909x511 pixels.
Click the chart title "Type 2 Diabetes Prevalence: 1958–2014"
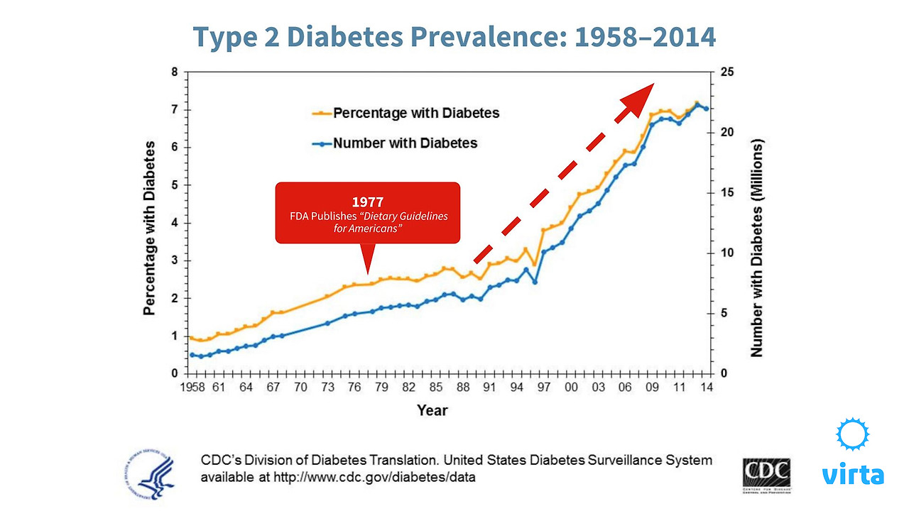(x=454, y=37)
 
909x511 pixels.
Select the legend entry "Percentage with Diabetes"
(x=416, y=113)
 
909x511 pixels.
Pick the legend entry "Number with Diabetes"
(x=405, y=143)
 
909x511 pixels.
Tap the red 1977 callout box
(x=367, y=213)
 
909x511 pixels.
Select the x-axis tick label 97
(x=544, y=388)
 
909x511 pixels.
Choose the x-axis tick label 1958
(x=191, y=388)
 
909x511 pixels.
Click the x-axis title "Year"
(x=432, y=410)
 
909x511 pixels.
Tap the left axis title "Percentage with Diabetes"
(x=150, y=227)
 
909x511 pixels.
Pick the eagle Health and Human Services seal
(x=151, y=472)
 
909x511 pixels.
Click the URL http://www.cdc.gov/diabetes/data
(x=338, y=478)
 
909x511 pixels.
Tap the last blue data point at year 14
(x=706, y=109)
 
